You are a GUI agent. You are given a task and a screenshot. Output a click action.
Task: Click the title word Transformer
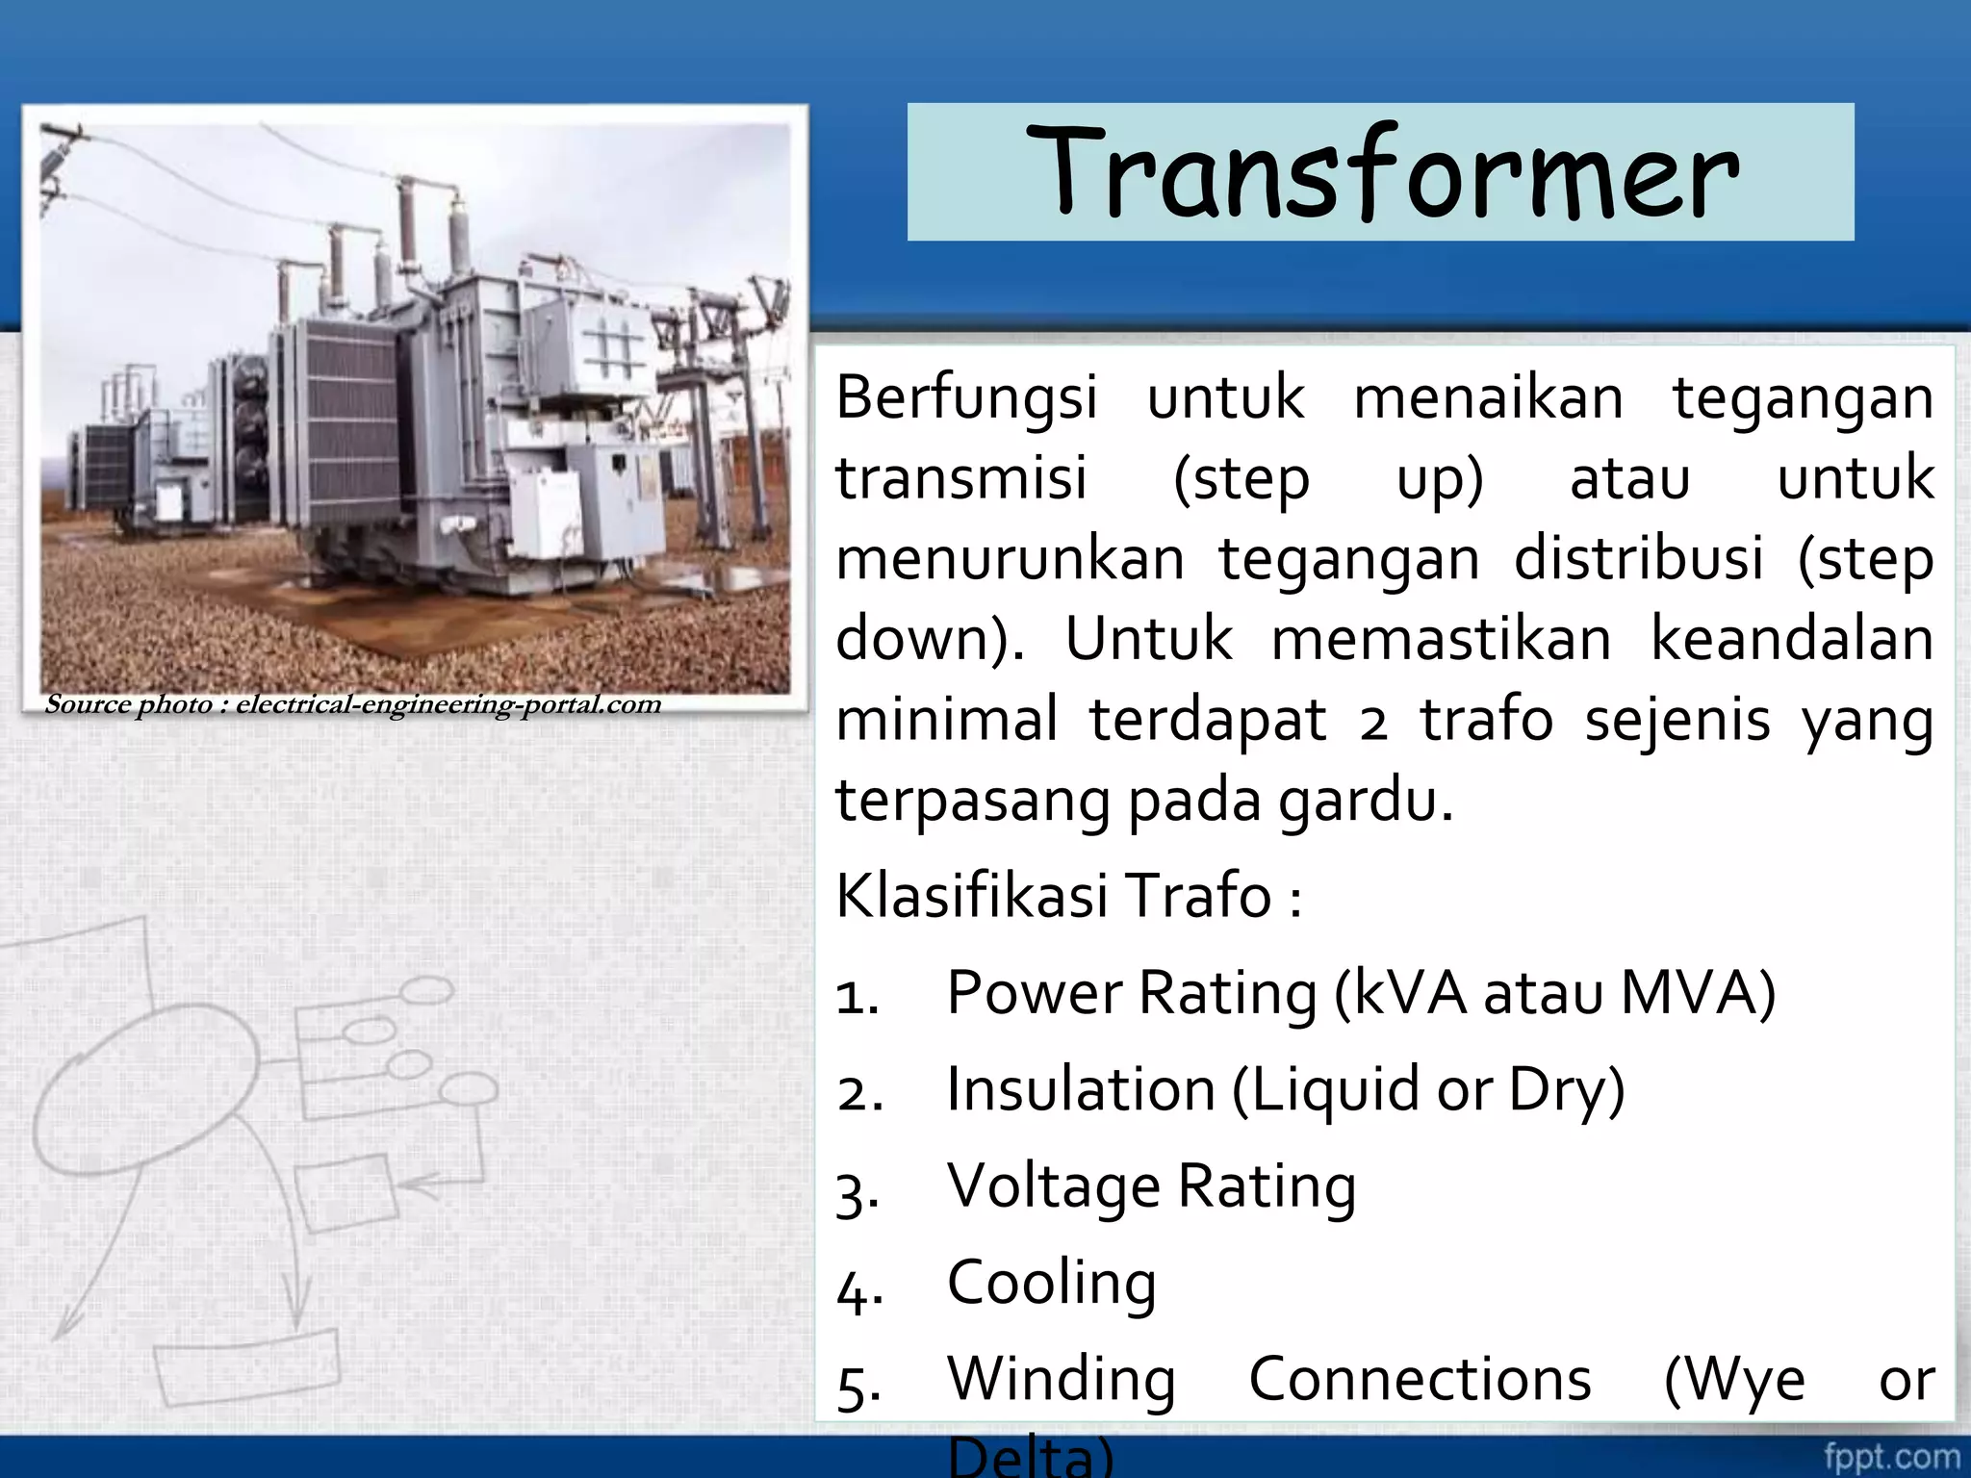click(x=1381, y=173)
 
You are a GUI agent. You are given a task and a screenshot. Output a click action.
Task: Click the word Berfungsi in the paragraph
click(x=965, y=397)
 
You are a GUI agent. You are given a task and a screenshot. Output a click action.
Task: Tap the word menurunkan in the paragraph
click(x=1009, y=559)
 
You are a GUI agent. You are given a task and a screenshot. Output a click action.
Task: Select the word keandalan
click(x=1791, y=639)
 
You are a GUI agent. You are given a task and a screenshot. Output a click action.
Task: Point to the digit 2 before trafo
click(x=1373, y=722)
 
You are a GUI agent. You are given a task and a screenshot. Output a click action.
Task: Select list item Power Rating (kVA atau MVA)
click(x=1360, y=993)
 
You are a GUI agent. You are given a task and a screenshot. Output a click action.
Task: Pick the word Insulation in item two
click(x=1080, y=1090)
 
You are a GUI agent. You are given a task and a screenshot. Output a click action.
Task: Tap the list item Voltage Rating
click(x=1151, y=1186)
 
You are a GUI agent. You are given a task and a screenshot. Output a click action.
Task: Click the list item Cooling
click(x=1051, y=1283)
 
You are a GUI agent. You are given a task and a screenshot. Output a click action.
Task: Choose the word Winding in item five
click(x=1061, y=1380)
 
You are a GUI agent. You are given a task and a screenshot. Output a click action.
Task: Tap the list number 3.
click(x=856, y=1193)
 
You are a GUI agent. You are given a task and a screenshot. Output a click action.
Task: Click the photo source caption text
click(x=352, y=705)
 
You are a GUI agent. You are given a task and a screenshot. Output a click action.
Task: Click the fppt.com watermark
click(x=1890, y=1456)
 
